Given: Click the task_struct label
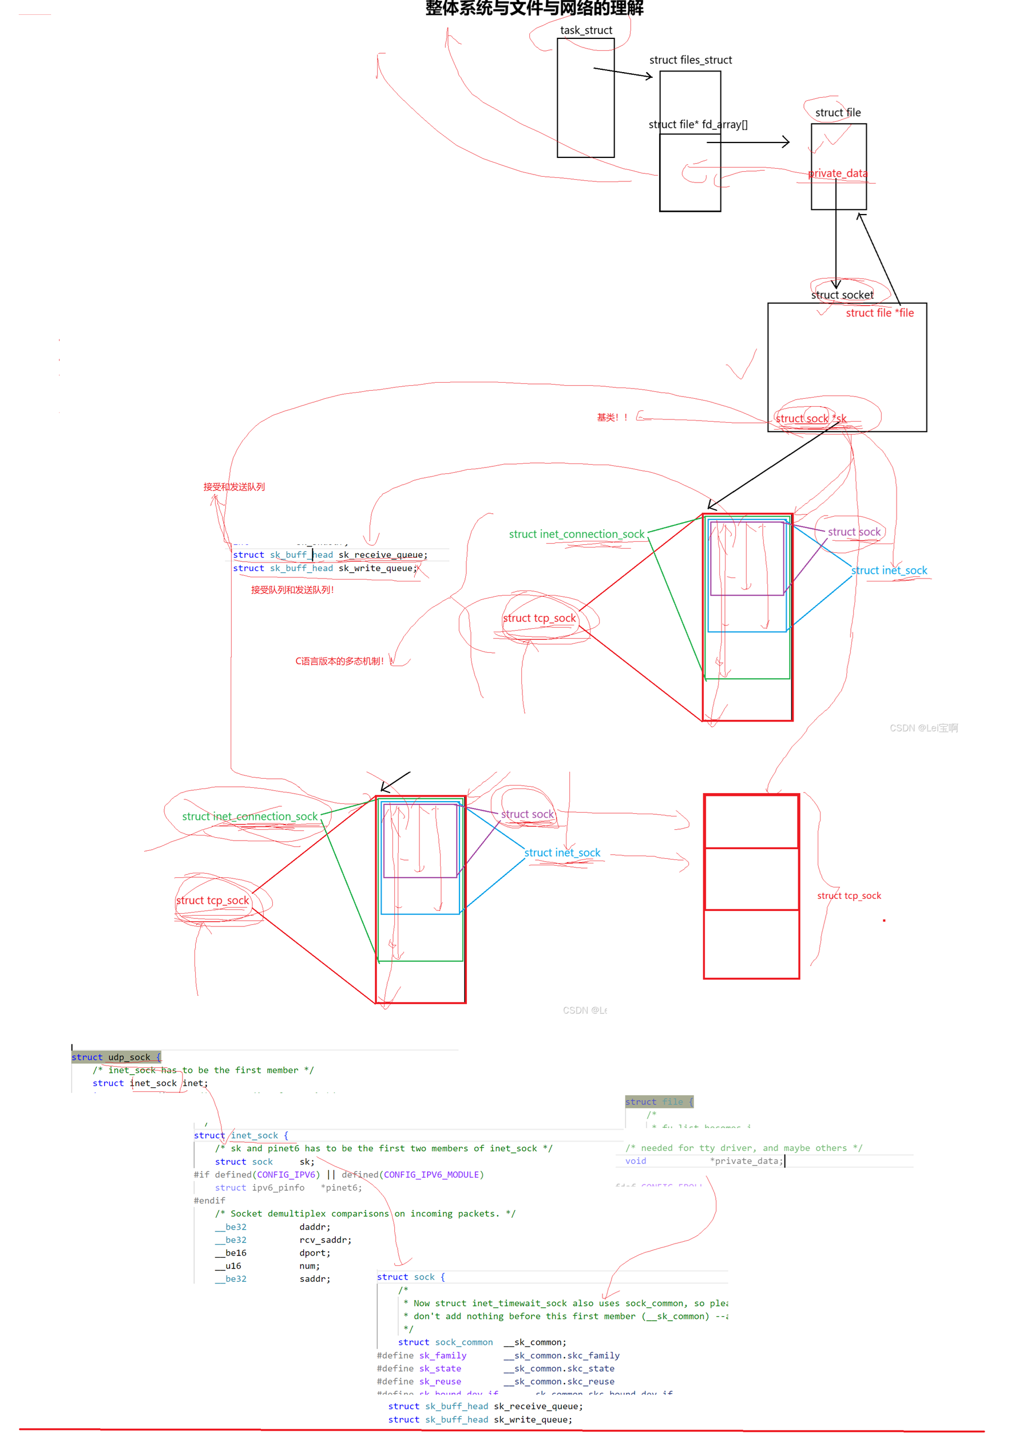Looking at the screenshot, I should (x=586, y=30).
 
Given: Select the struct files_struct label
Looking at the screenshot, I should (x=691, y=60).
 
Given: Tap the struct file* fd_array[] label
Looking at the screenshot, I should (x=698, y=124).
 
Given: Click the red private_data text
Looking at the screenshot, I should (x=838, y=173).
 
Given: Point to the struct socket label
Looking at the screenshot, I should (x=842, y=295).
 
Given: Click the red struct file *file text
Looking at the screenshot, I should (x=879, y=313).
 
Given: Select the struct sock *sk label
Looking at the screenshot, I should (x=811, y=419).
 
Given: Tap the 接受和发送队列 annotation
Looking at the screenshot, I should (x=233, y=487).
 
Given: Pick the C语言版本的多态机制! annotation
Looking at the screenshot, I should (x=340, y=661).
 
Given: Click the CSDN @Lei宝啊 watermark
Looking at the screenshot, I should (x=923, y=728).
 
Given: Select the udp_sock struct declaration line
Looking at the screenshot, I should (x=116, y=1057).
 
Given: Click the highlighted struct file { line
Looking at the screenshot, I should (x=659, y=1102).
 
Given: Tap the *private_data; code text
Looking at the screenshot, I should (x=747, y=1161).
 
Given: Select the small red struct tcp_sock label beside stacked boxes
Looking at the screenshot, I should (x=849, y=896).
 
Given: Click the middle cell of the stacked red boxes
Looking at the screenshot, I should (x=751, y=880).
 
